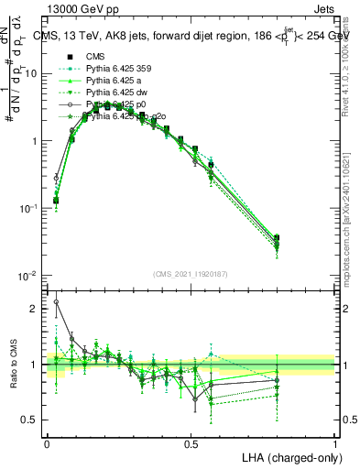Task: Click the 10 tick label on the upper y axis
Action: (31, 73)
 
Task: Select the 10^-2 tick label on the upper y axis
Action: (29, 276)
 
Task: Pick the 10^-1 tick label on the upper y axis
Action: (29, 209)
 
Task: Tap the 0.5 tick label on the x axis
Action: (191, 442)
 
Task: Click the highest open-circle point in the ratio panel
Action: (56, 301)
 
